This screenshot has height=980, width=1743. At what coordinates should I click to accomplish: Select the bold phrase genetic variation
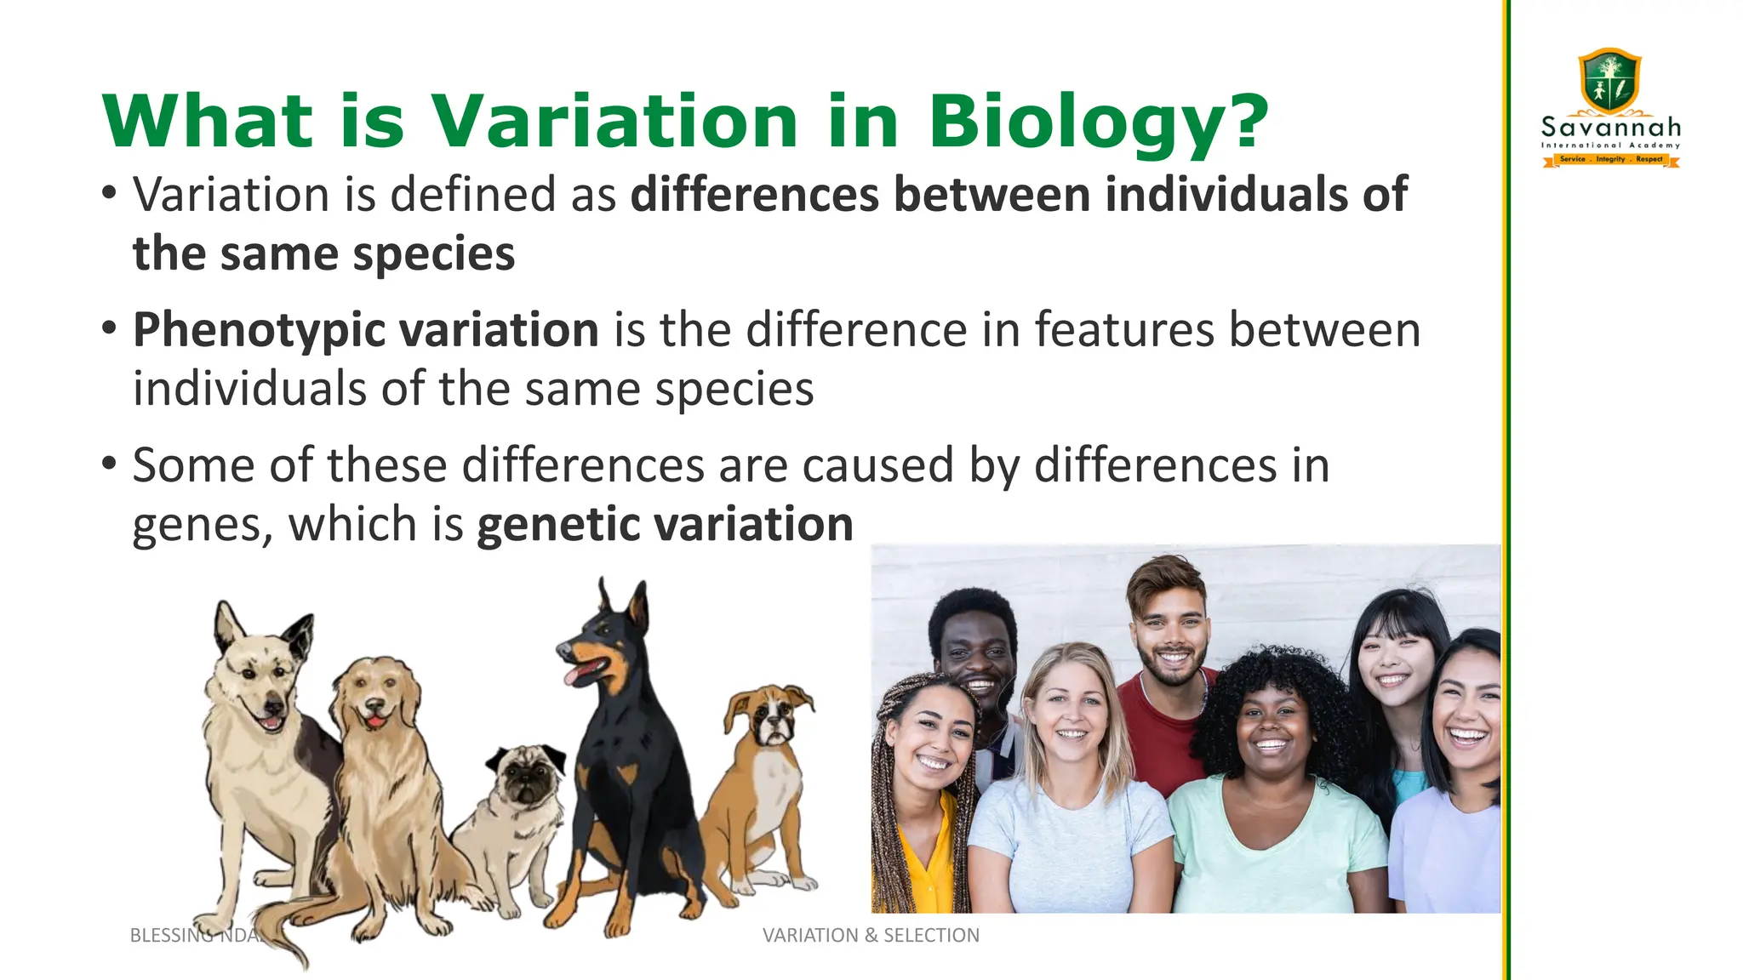point(665,524)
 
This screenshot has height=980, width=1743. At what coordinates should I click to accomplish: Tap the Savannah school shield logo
point(1609,81)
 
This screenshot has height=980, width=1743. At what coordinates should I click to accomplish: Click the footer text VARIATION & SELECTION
point(871,935)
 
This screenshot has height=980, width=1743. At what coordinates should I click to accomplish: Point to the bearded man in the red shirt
point(1170,647)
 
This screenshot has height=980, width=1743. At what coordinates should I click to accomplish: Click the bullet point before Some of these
point(108,464)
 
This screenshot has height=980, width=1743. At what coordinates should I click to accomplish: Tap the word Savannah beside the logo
point(1611,128)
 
